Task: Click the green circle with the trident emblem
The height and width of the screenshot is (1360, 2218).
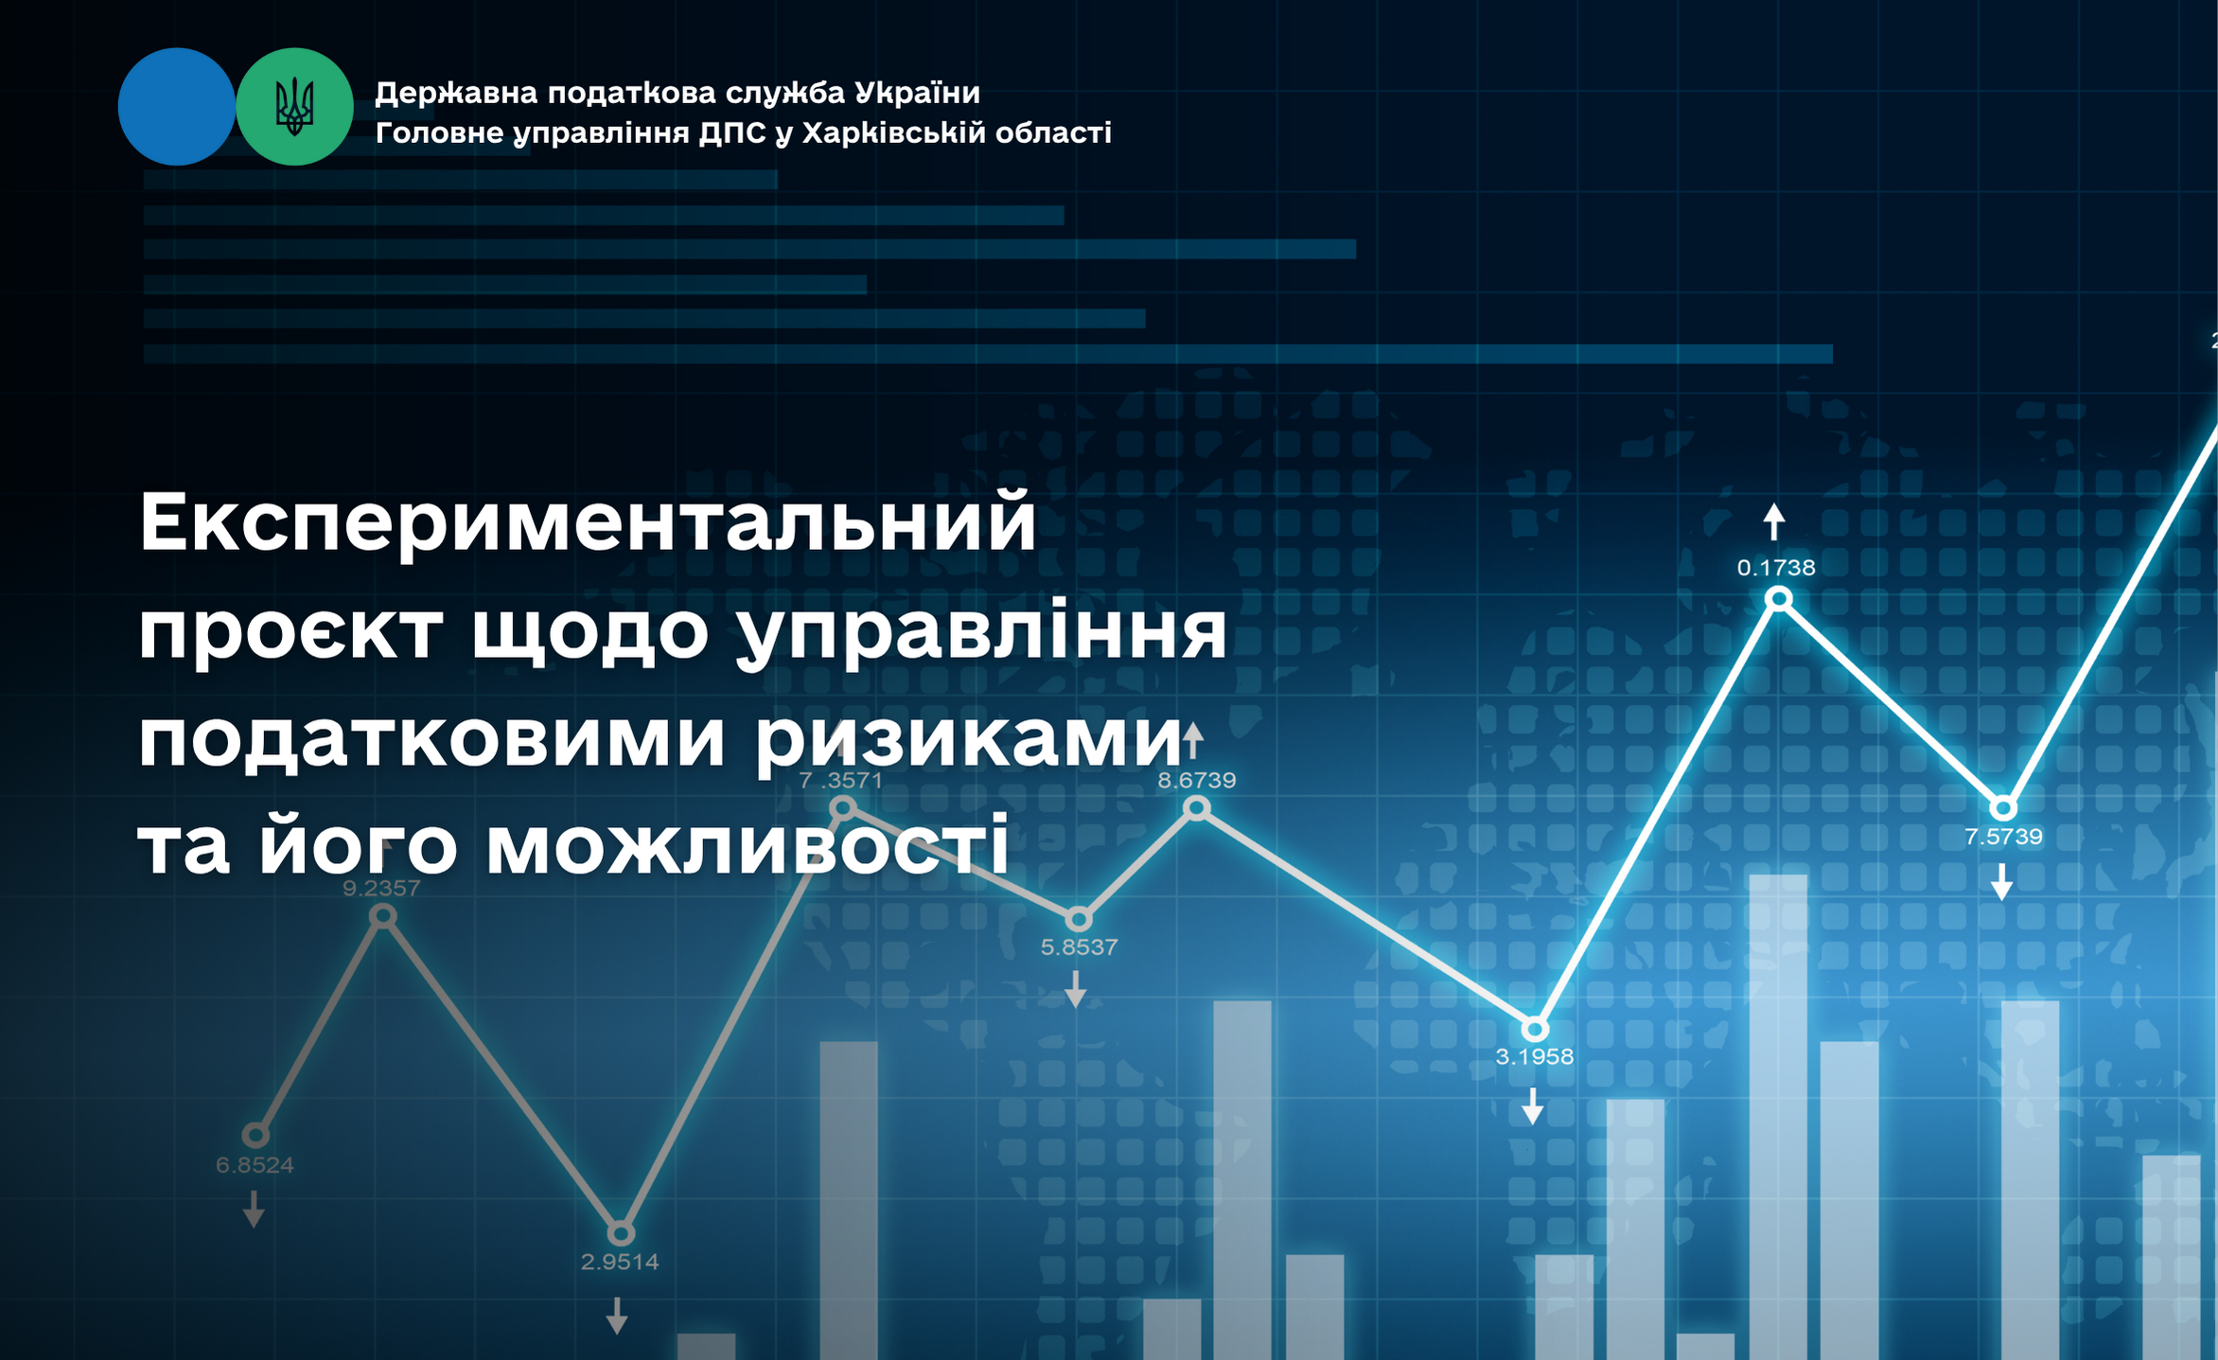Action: tap(294, 107)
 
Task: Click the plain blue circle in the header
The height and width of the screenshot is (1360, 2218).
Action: tap(177, 107)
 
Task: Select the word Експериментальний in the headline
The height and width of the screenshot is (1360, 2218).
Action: tap(588, 523)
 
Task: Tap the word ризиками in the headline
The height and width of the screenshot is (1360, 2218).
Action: tap(967, 740)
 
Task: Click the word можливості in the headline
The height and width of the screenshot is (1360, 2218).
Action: tap(747, 844)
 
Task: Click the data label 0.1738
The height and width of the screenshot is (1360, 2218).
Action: tap(1776, 568)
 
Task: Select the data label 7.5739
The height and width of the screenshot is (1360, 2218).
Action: tap(2003, 837)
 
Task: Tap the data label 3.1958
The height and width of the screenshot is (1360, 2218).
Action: tap(1534, 1056)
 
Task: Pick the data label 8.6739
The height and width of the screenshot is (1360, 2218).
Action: tap(1197, 780)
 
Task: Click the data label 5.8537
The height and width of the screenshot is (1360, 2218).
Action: tap(1079, 946)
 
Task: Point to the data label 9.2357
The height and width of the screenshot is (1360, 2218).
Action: tap(380, 888)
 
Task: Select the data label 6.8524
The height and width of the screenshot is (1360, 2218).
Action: tap(255, 1165)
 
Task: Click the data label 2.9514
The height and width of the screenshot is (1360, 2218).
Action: tap(620, 1262)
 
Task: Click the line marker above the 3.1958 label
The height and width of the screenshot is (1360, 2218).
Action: tap(1535, 1029)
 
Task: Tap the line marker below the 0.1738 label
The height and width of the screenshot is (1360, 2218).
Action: tap(1779, 598)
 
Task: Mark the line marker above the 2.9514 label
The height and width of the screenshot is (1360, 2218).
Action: tap(620, 1233)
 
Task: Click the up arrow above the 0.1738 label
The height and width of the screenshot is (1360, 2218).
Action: tap(1774, 521)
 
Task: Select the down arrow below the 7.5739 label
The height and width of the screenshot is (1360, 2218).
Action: tap(2001, 881)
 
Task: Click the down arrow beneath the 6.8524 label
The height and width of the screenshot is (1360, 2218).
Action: tap(254, 1210)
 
